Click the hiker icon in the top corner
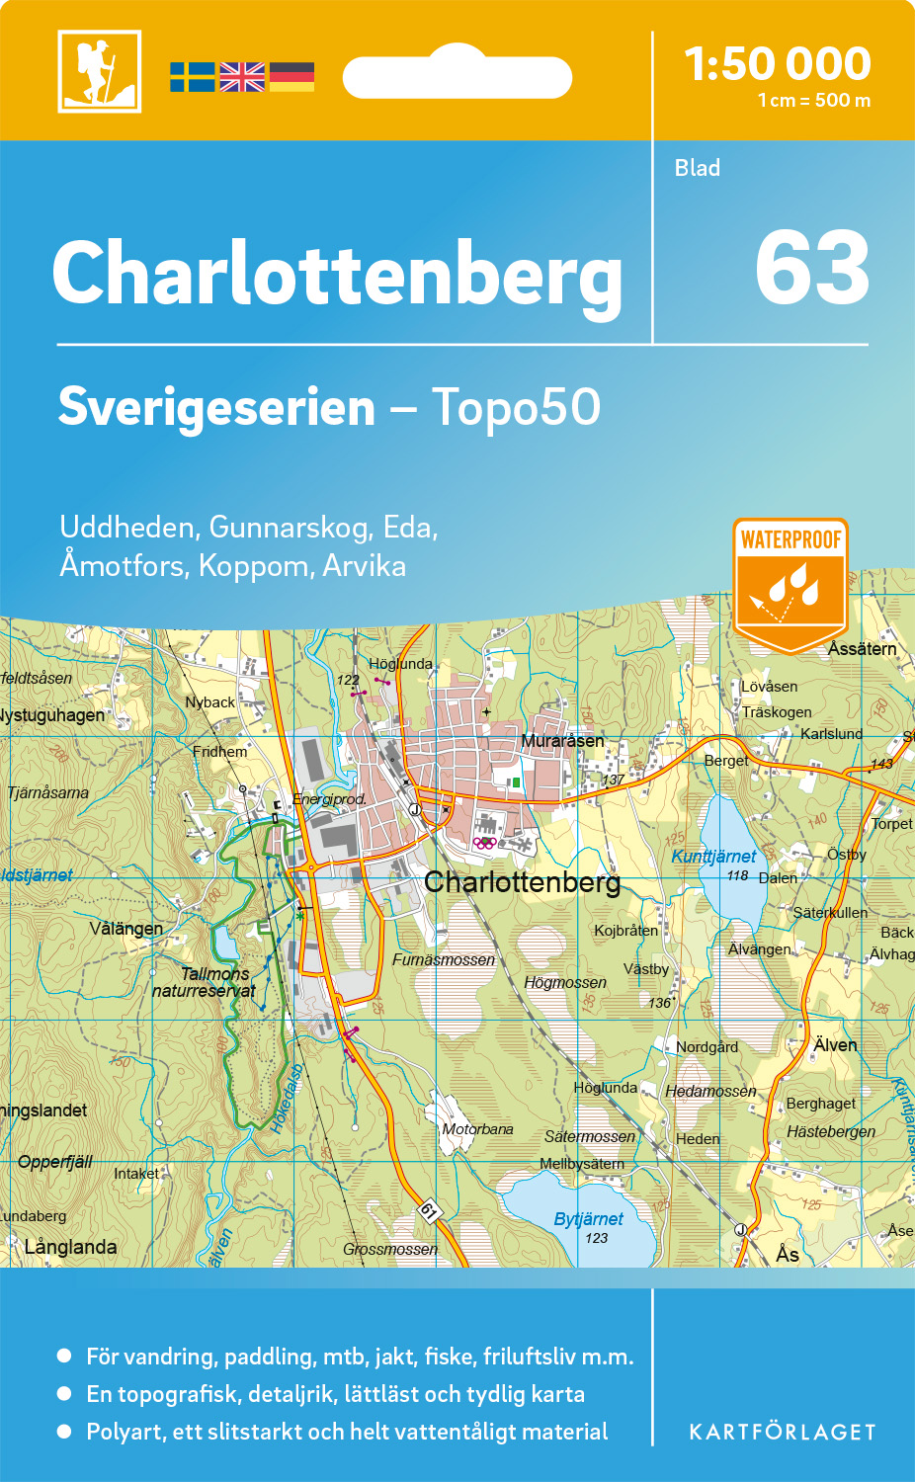coord(99,71)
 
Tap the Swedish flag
coord(192,77)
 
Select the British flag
coord(242,77)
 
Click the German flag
coord(291,77)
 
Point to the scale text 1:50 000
coord(778,64)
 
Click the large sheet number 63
coord(811,269)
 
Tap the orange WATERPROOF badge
coord(790,584)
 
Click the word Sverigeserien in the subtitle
coord(216,407)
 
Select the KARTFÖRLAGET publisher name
coord(782,1433)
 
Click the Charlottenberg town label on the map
coord(522,881)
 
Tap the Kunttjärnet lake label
coord(713,857)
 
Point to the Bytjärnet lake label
coord(588,1219)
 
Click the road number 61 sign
coord(429,1210)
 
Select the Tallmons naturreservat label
coord(206,982)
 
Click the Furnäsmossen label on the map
coord(444,959)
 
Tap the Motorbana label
coord(477,1129)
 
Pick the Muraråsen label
coord(562,740)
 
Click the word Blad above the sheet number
coord(697,168)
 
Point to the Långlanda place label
coord(70,1247)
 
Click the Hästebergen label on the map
coord(831,1131)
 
